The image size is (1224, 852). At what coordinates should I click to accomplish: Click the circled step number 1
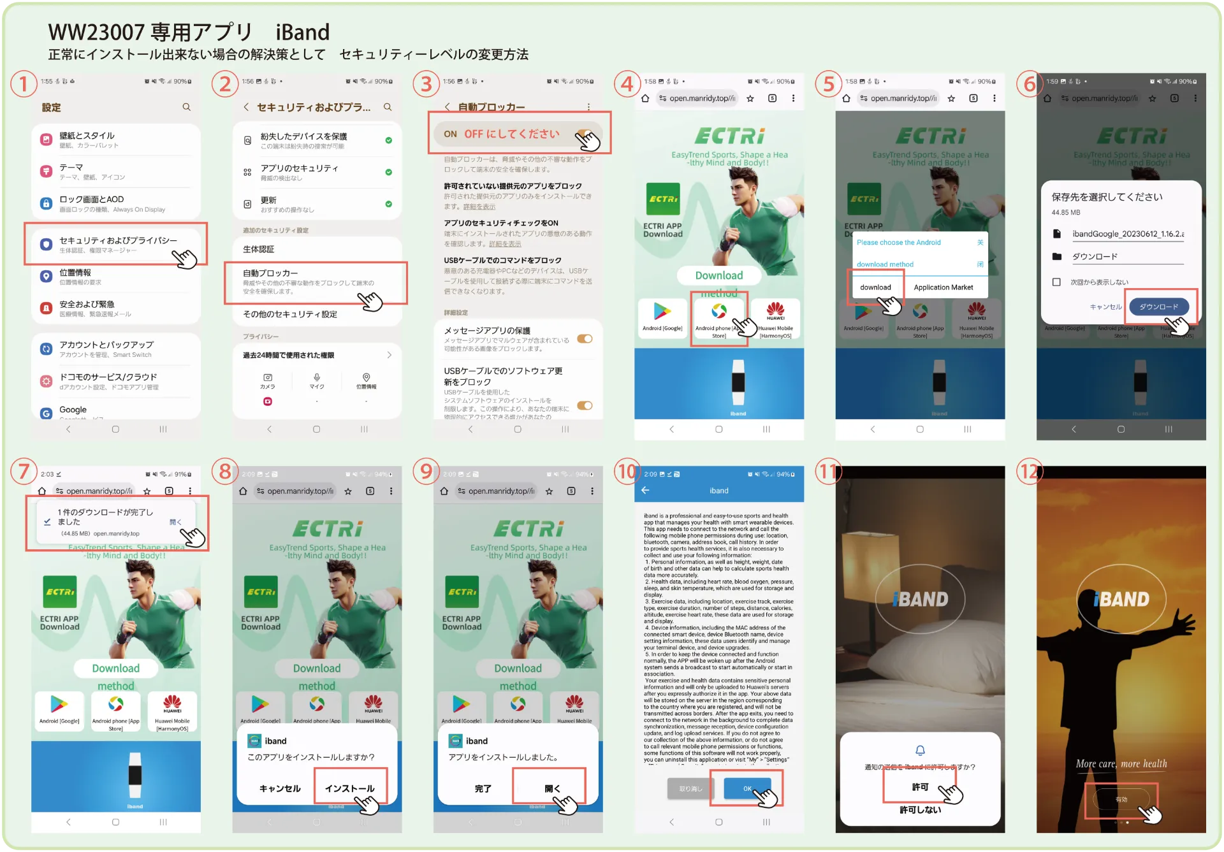24,83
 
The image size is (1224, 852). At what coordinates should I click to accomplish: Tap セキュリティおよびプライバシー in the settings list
118,241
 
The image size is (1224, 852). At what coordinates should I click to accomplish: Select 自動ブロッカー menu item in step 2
270,273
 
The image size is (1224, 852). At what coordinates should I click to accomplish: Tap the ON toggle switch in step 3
584,134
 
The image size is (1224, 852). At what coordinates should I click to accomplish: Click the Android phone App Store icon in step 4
719,312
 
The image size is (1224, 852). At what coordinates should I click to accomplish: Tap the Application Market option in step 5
943,287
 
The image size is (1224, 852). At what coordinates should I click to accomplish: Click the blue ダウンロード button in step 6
1158,307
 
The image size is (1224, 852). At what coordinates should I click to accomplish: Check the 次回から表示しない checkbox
1056,282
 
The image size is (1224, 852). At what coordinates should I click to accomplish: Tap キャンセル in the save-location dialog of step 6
1105,307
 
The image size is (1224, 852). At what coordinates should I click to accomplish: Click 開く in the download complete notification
175,523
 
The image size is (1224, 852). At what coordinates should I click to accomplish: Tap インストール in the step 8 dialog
349,788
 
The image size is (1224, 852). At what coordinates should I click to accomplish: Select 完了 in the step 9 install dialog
483,788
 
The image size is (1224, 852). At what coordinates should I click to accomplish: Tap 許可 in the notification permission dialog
919,787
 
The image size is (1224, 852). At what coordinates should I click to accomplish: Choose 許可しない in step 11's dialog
919,810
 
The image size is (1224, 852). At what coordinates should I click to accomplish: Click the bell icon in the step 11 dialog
920,751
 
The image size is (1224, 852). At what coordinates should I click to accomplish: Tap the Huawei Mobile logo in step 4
775,310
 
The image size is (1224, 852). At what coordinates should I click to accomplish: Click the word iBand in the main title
302,32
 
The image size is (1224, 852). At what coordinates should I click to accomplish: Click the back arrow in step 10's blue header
645,491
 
